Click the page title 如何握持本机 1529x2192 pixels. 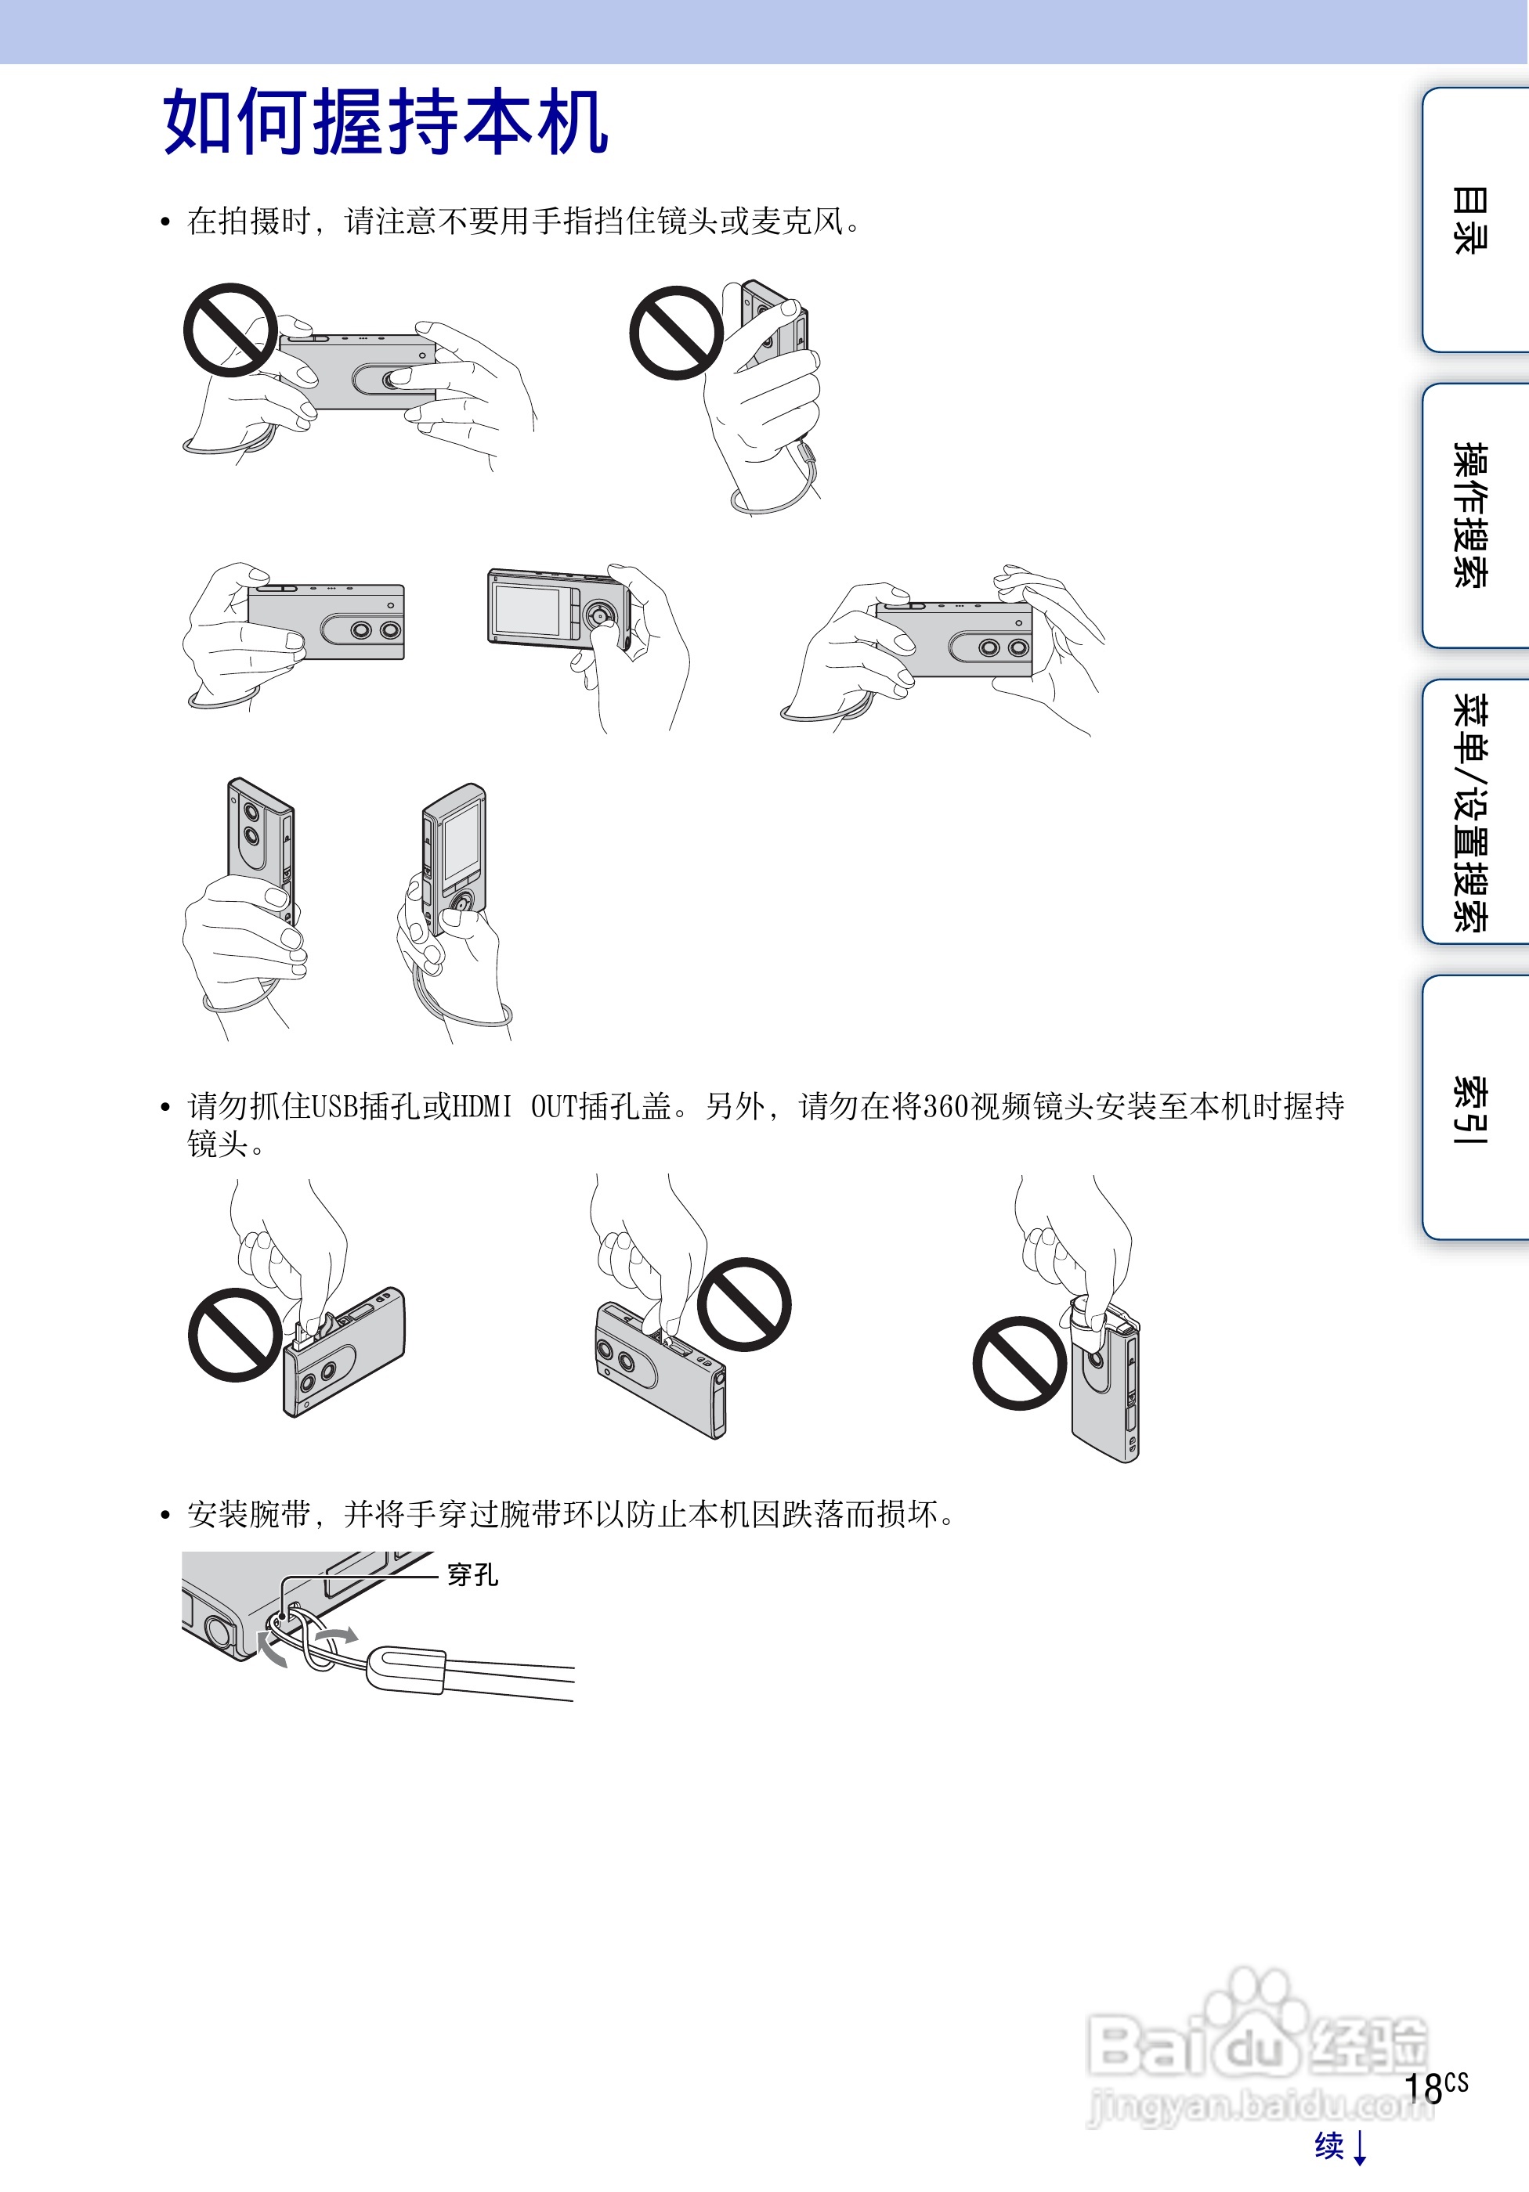385,121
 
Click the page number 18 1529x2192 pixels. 1424,2088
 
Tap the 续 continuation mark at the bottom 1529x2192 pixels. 1329,2145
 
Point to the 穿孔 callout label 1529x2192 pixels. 473,1574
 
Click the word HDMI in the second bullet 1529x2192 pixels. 481,1106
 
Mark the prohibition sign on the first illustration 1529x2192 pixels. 230,330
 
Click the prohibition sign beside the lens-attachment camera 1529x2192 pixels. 1019,1362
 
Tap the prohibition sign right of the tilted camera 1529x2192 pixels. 744,1304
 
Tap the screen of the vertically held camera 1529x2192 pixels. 461,841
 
